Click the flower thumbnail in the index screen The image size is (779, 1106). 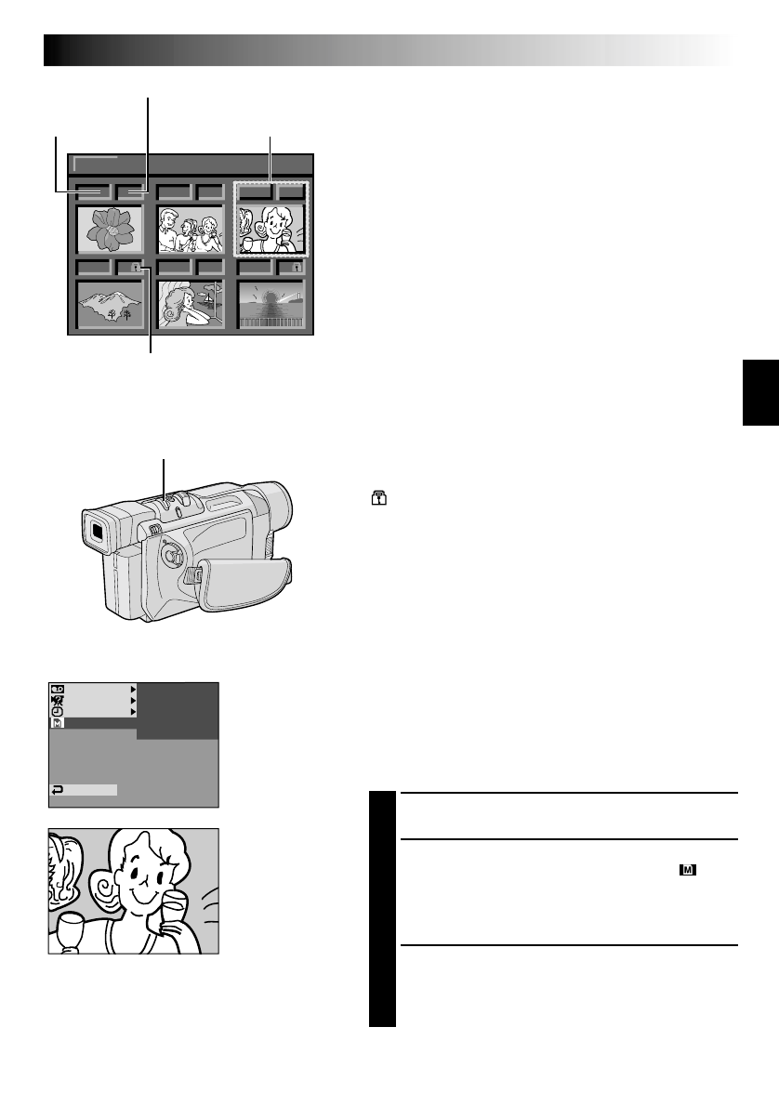(111, 230)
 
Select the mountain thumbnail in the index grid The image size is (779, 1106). (111, 304)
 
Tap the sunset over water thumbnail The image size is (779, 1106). (271, 304)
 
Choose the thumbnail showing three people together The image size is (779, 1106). (191, 230)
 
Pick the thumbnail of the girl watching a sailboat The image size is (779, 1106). (191, 304)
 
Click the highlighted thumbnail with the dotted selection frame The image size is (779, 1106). (271, 230)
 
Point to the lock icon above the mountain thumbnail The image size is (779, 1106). (136, 268)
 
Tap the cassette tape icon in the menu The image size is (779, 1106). (57, 689)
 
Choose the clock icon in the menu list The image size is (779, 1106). (57, 711)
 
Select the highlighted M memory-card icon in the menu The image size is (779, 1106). (57, 723)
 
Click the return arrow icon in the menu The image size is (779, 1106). (58, 790)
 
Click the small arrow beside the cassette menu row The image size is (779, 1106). (132, 689)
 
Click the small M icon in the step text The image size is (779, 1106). (688, 871)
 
